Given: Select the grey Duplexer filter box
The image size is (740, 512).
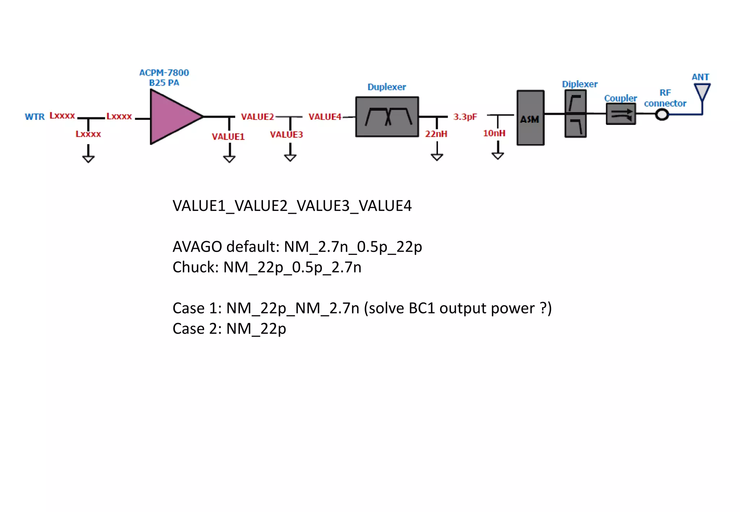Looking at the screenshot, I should (387, 117).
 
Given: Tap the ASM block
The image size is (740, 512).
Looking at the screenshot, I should (530, 118).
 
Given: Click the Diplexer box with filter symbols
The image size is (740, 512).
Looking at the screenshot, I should (575, 114).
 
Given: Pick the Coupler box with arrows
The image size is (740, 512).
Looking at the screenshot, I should (620, 114).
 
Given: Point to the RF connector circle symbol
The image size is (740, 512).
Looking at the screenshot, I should (662, 115).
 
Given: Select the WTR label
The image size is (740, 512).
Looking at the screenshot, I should (35, 117).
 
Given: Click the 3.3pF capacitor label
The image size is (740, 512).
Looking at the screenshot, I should (465, 117).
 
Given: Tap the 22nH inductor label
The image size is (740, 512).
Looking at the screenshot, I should (436, 134).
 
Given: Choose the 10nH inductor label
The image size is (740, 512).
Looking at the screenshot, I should (494, 133).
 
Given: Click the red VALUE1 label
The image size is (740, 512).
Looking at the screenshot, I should (228, 136).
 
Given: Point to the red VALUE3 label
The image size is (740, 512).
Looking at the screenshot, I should (286, 135).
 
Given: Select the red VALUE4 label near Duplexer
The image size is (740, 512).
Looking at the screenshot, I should (324, 117).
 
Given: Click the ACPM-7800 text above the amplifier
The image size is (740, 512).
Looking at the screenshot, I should (164, 73).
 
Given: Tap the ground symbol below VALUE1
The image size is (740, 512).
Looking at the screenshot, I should (229, 159).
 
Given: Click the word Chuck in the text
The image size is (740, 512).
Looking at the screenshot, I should (193, 268).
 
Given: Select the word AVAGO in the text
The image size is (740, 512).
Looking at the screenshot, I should (197, 247).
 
